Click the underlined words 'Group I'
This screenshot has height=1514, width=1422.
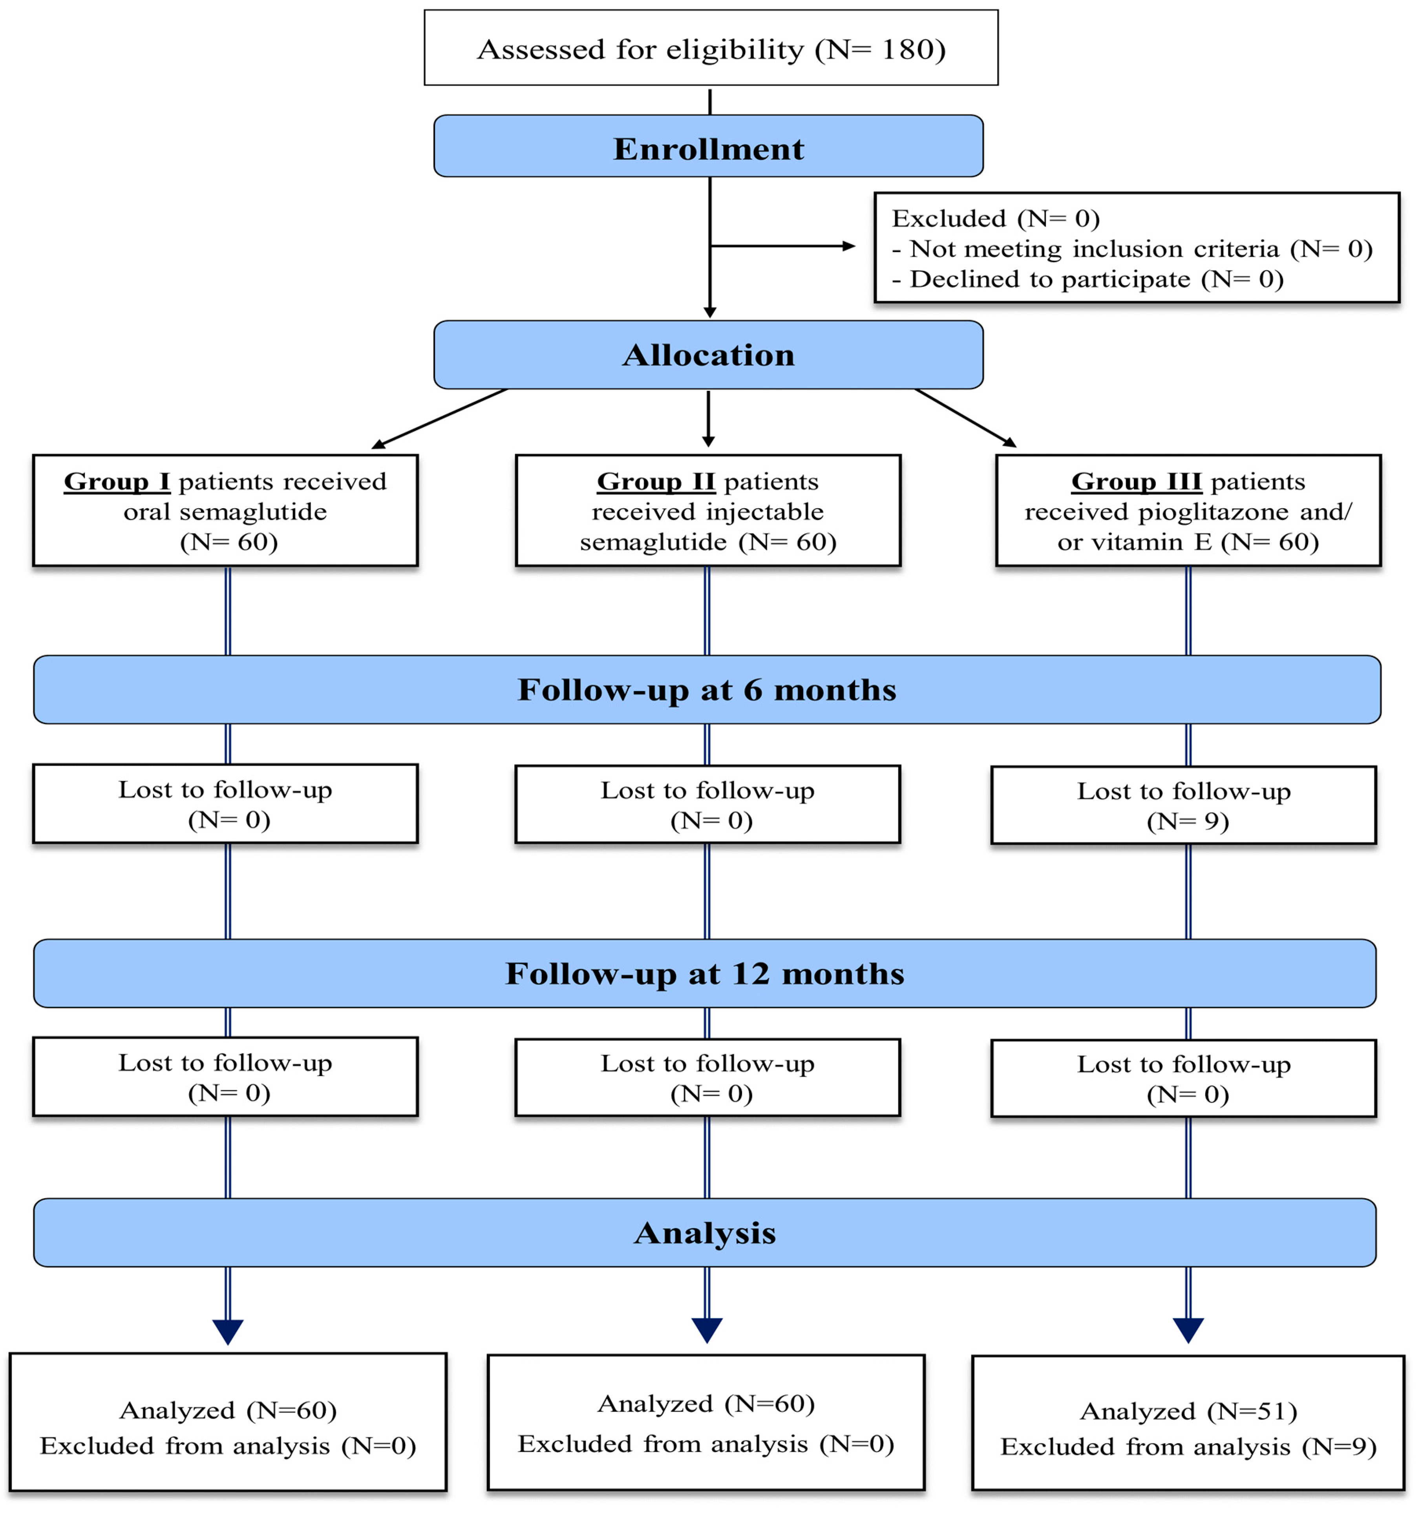click(117, 482)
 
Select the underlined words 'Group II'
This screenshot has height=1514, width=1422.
click(655, 482)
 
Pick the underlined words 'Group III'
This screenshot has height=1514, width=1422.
click(1136, 482)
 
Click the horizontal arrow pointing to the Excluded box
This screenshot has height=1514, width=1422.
click(784, 246)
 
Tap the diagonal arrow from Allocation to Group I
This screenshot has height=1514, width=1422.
click(440, 418)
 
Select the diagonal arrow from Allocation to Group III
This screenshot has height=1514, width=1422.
click(965, 418)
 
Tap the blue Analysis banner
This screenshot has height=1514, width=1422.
click(704, 1233)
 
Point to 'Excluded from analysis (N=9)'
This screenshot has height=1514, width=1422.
click(1188, 1447)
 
